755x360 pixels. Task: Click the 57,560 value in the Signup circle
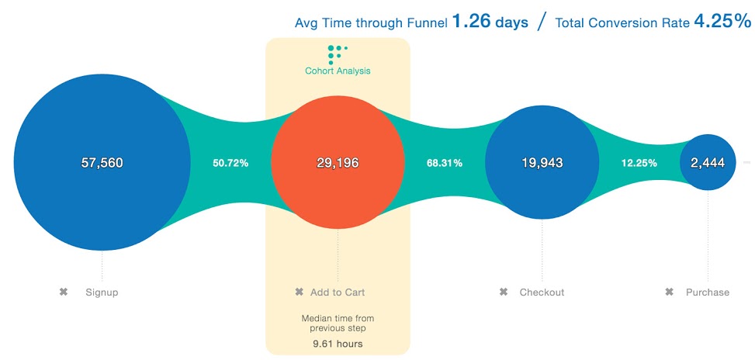tap(102, 163)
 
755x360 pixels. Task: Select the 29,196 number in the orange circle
tap(338, 163)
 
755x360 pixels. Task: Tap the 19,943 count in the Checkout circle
tap(542, 163)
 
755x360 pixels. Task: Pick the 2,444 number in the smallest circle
tap(708, 163)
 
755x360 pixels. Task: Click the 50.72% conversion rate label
tap(230, 163)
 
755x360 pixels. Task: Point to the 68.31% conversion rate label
tap(445, 163)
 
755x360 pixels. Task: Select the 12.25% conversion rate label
tap(639, 163)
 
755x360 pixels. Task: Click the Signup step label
tap(102, 292)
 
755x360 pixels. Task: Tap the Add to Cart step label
tap(338, 292)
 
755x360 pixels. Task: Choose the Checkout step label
tap(542, 292)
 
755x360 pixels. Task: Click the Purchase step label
tap(708, 292)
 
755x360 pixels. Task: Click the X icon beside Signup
tap(64, 292)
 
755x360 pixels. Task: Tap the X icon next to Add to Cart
tap(299, 292)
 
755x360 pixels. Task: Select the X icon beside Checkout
tap(504, 292)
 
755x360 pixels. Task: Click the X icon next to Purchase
tap(669, 292)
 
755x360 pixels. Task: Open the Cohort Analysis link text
tap(338, 71)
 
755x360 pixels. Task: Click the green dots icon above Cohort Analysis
tap(336, 54)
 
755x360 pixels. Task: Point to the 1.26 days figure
tap(490, 22)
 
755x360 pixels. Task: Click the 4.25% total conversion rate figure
tap(723, 22)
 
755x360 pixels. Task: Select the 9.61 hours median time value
tap(338, 344)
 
